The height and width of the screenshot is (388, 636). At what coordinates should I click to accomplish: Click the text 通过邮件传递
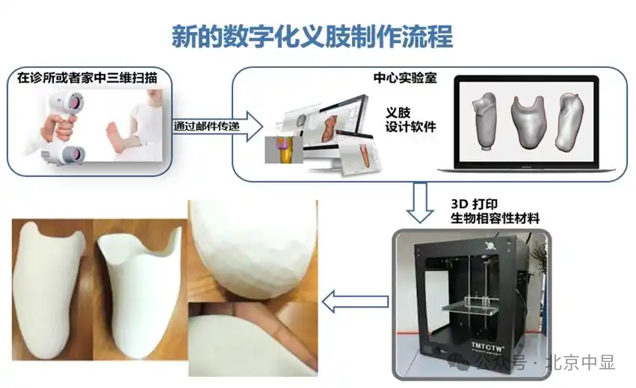click(203, 125)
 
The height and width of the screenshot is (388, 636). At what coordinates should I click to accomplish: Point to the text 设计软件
click(410, 127)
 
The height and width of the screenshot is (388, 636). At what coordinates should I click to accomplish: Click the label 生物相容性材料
click(494, 218)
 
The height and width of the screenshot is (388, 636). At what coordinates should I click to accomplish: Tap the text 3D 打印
click(475, 203)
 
